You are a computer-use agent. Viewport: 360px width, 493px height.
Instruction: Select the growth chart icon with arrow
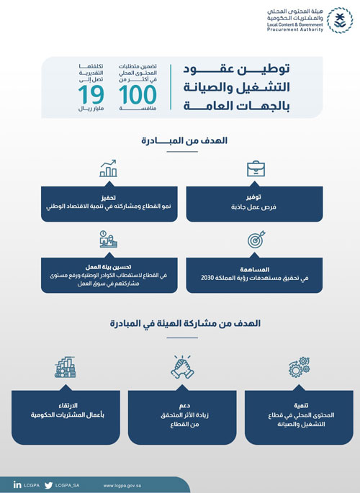pos(109,169)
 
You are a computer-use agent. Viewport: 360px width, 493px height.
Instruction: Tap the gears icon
pos(299,368)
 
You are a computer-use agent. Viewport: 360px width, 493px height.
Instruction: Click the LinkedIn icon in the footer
pos(17,484)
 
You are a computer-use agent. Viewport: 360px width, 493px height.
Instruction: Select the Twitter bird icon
pos(48,484)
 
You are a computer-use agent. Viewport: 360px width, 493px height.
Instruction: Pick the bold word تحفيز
pos(109,195)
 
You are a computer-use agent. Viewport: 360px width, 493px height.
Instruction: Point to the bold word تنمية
pos(298,406)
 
